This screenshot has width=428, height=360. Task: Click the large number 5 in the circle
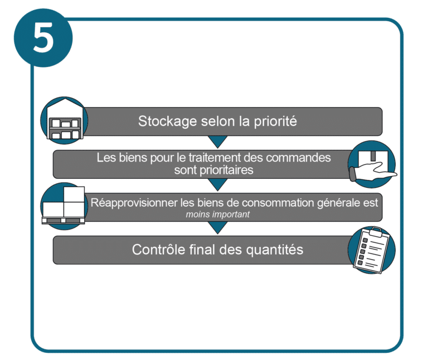[43, 37]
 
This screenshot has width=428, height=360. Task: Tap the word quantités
[275, 250]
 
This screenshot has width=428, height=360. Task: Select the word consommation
[279, 202]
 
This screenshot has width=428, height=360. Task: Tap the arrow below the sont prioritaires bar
[217, 184]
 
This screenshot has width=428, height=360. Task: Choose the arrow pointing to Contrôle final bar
[217, 227]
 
